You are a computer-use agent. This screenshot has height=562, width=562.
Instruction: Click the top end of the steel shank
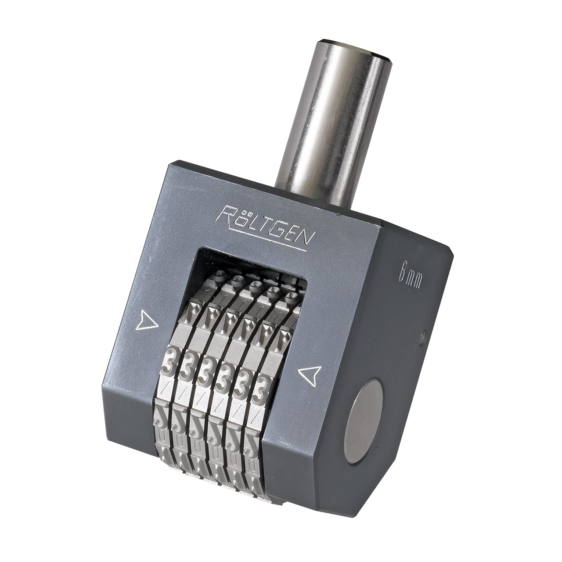tap(356, 48)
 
